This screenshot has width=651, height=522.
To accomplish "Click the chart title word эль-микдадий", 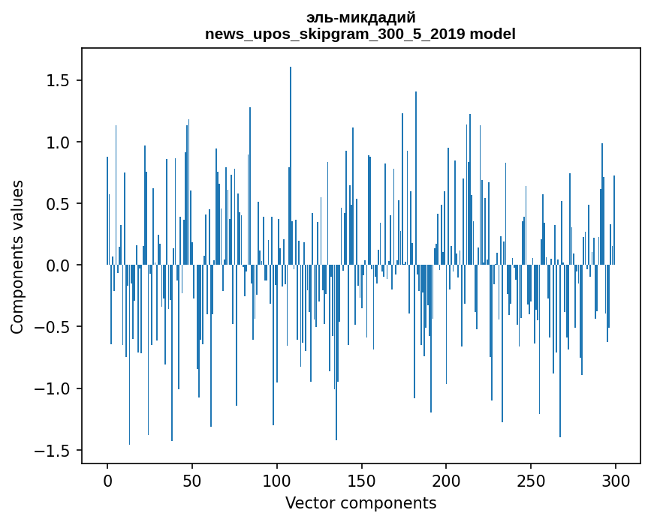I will coord(360,17).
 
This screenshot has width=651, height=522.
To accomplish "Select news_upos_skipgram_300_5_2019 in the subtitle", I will coord(335,34).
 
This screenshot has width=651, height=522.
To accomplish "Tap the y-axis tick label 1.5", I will coord(59,80).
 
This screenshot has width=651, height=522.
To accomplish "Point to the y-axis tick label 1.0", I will coord(59,142).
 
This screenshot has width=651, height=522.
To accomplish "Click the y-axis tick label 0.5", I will coord(59,204).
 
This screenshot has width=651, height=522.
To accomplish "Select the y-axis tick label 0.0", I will coord(59,265).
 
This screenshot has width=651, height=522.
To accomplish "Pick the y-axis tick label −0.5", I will coord(53,327).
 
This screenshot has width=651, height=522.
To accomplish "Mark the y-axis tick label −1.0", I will coord(53,388).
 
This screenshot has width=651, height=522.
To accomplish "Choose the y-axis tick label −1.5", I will coord(53,451).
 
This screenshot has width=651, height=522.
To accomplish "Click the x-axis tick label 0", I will coord(107,481).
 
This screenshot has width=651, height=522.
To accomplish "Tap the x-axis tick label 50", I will coord(192,481).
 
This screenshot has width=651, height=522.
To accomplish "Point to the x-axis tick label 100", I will coord(277,481).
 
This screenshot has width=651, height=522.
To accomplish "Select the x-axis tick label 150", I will coord(362,481).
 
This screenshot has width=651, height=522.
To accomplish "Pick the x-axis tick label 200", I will coord(447,481).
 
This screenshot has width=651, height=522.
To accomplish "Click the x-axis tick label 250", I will coord(531,481).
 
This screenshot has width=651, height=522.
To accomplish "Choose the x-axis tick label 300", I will coord(616,481).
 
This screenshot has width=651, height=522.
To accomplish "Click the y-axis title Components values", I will coord(17,256).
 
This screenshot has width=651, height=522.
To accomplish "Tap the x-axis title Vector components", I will coord(360,503).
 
